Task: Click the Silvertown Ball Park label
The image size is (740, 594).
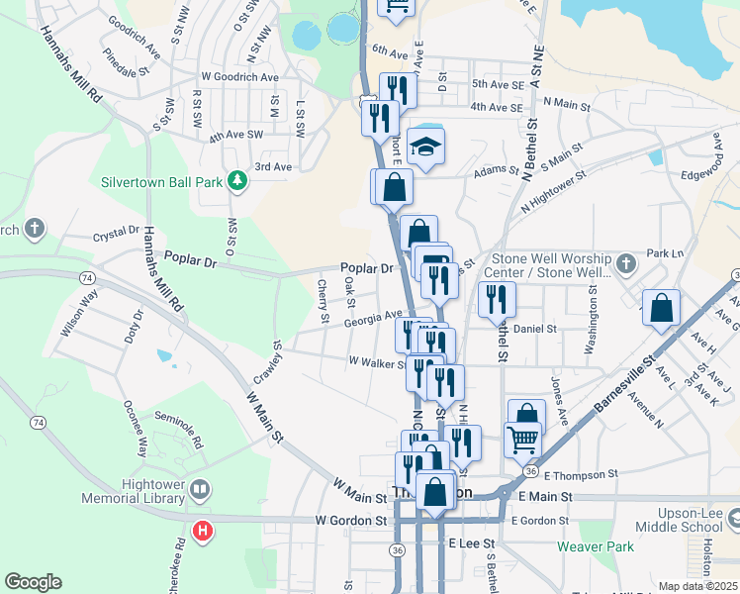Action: coord(162,182)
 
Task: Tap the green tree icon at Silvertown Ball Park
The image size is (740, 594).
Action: coord(236,180)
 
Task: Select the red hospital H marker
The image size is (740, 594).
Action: coord(202,532)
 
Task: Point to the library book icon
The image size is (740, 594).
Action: coord(200,489)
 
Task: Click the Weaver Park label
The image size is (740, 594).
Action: coord(595,545)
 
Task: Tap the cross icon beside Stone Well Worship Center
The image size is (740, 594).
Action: coord(624,264)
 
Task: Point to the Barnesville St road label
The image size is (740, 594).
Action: coord(625,387)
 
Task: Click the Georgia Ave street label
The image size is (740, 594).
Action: coord(373,320)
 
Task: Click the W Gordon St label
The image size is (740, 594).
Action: coord(351,520)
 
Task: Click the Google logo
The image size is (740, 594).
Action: coord(33,582)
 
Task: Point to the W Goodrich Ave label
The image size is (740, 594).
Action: coord(239,75)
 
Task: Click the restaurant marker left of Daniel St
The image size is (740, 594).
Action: coord(496,298)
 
